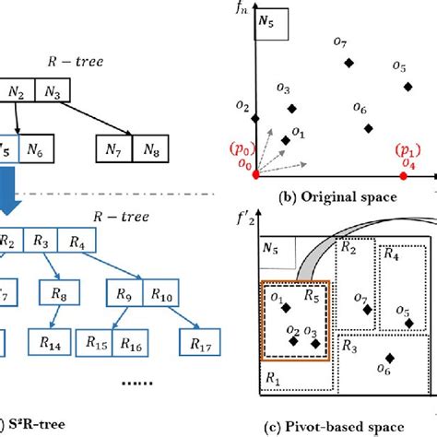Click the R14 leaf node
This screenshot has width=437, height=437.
point(54,342)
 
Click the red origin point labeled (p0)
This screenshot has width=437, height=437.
point(256,174)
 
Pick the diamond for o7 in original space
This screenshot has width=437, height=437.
point(348,63)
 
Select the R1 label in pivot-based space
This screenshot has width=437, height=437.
point(272,379)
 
